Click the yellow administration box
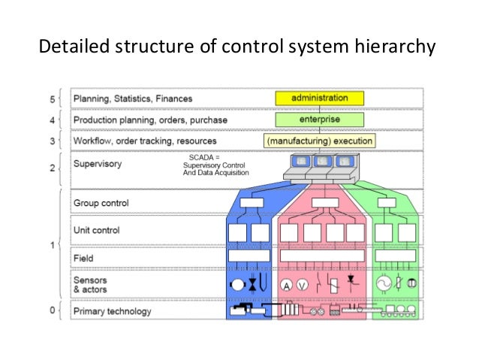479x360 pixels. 319,98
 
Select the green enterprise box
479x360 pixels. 319,119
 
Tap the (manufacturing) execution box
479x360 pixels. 319,141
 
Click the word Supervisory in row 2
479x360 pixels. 97,162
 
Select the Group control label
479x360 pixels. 101,203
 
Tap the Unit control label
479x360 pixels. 96,230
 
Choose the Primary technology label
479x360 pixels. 112,311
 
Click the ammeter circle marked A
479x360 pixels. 286,284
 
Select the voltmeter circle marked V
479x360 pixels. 302,284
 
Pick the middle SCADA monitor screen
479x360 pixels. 321,161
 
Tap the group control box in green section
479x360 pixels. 386,201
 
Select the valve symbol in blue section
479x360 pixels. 253,285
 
